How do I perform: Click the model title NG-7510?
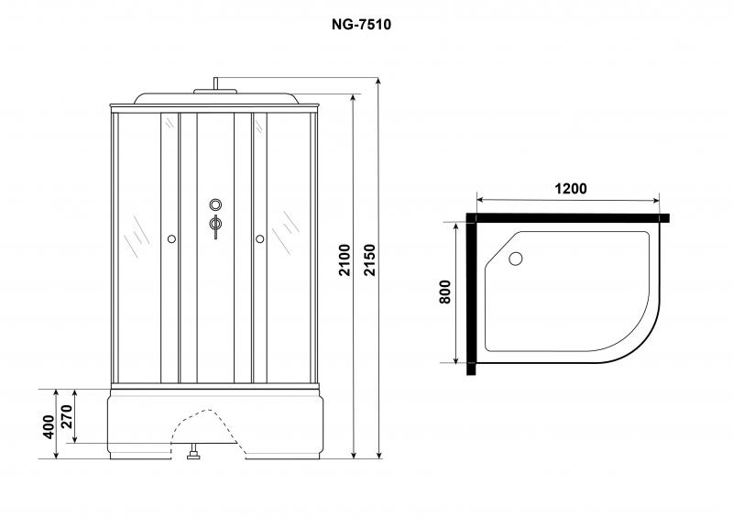(x=361, y=25)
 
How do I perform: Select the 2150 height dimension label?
(x=370, y=259)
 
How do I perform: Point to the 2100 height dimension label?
(x=345, y=259)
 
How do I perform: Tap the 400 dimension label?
(x=49, y=426)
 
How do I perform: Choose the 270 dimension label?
(x=67, y=416)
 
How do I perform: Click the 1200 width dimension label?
(x=570, y=189)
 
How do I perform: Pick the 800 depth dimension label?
(x=445, y=292)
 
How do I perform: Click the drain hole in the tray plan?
(x=516, y=259)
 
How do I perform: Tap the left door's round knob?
(x=171, y=239)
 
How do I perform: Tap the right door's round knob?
(x=260, y=239)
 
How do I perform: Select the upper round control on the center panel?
(x=215, y=204)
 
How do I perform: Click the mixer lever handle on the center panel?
(x=215, y=226)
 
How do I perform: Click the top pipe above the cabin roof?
(x=216, y=83)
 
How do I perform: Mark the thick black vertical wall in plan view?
(x=471, y=294)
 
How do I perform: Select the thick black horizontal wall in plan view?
(x=567, y=217)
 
